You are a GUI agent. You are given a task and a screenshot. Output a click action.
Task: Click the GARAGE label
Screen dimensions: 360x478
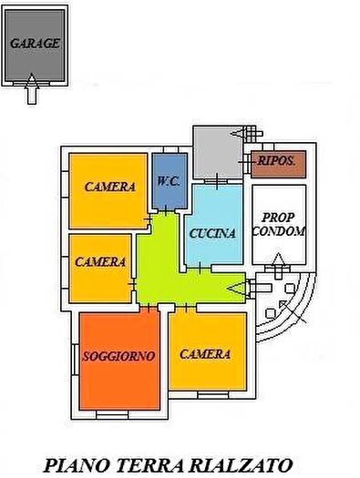click(x=35, y=43)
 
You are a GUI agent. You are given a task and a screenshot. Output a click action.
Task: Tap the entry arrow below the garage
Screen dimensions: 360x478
click(x=34, y=88)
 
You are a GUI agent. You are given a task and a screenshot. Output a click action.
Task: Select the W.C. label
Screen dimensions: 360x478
click(x=168, y=180)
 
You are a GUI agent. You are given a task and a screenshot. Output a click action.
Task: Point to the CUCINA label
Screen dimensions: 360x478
click(x=212, y=233)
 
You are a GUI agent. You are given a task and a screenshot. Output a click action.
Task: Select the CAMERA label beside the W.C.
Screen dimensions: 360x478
click(x=110, y=187)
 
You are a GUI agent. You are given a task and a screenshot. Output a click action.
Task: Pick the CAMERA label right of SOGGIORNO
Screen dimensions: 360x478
click(x=205, y=354)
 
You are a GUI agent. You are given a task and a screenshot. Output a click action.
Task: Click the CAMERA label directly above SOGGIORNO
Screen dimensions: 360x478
click(x=100, y=262)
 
